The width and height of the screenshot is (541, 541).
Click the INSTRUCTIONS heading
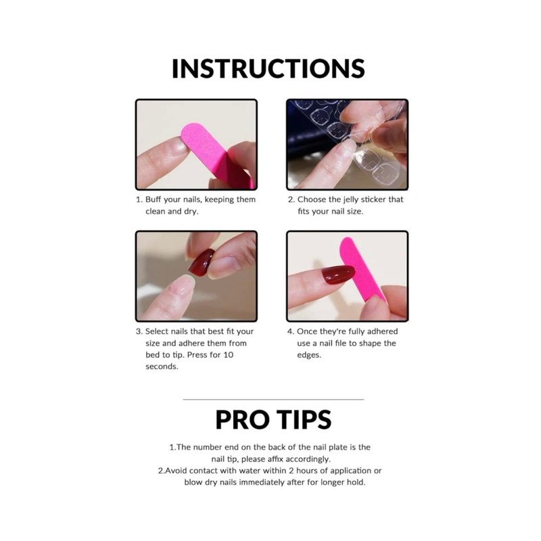(x=268, y=69)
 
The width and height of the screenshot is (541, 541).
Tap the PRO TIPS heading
(x=273, y=419)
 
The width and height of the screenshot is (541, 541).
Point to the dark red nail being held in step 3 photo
(x=201, y=263)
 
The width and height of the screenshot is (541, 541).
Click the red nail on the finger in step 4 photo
(x=337, y=275)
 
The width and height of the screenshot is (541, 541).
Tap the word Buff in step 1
(x=155, y=200)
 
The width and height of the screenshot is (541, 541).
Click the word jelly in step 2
(x=356, y=200)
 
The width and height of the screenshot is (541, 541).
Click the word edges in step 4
(x=310, y=355)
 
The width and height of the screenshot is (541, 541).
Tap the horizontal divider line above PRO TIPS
(x=273, y=399)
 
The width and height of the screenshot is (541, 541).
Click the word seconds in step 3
(x=162, y=367)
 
